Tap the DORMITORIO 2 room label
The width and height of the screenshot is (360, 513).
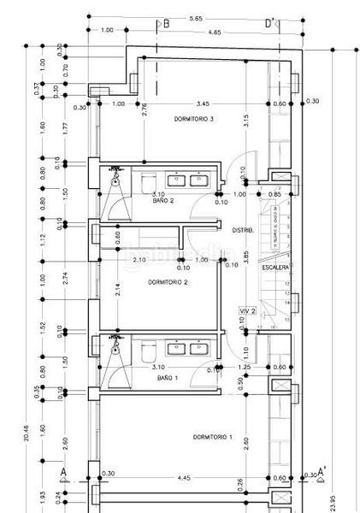(x=168, y=281)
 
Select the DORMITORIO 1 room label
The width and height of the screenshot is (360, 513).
(x=213, y=437)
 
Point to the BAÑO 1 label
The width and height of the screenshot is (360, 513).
(x=167, y=377)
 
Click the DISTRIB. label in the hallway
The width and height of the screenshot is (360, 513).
(x=242, y=230)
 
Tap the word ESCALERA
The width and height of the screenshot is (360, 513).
(x=275, y=267)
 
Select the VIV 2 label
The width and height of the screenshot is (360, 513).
(x=249, y=311)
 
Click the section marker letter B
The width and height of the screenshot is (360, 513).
(x=166, y=23)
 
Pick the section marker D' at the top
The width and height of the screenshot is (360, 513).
(x=270, y=23)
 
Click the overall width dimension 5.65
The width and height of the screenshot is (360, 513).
(x=196, y=17)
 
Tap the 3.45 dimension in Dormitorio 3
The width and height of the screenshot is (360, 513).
(x=202, y=103)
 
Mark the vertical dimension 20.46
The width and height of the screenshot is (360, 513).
(x=27, y=433)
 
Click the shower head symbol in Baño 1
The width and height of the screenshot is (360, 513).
(x=115, y=349)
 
